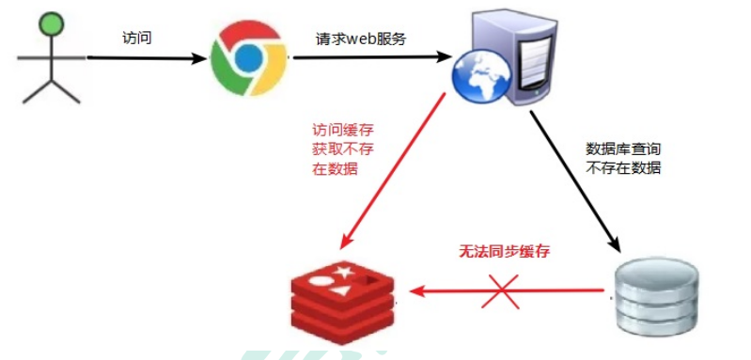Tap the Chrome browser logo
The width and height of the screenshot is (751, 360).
[246, 57]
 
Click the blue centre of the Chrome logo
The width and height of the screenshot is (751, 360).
[246, 57]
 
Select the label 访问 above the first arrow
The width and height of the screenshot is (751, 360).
[137, 39]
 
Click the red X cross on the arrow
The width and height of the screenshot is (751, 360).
[499, 292]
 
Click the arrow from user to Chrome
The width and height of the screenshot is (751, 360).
[147, 58]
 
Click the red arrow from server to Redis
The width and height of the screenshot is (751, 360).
[395, 171]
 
